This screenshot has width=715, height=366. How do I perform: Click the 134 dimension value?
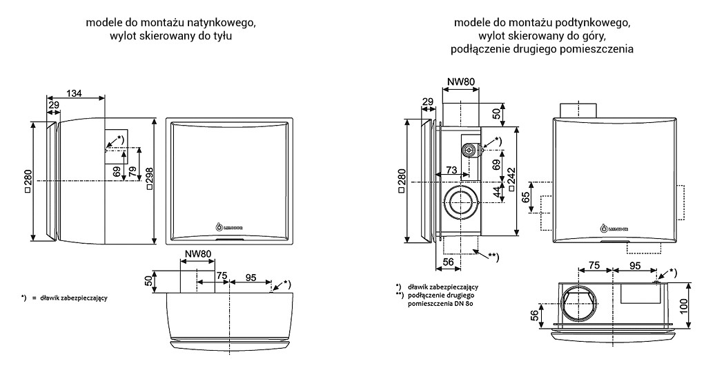tap(76, 93)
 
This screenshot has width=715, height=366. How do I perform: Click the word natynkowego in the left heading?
tap(223, 23)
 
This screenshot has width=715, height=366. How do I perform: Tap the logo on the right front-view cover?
tap(616, 225)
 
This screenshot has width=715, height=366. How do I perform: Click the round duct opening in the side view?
tap(458, 202)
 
